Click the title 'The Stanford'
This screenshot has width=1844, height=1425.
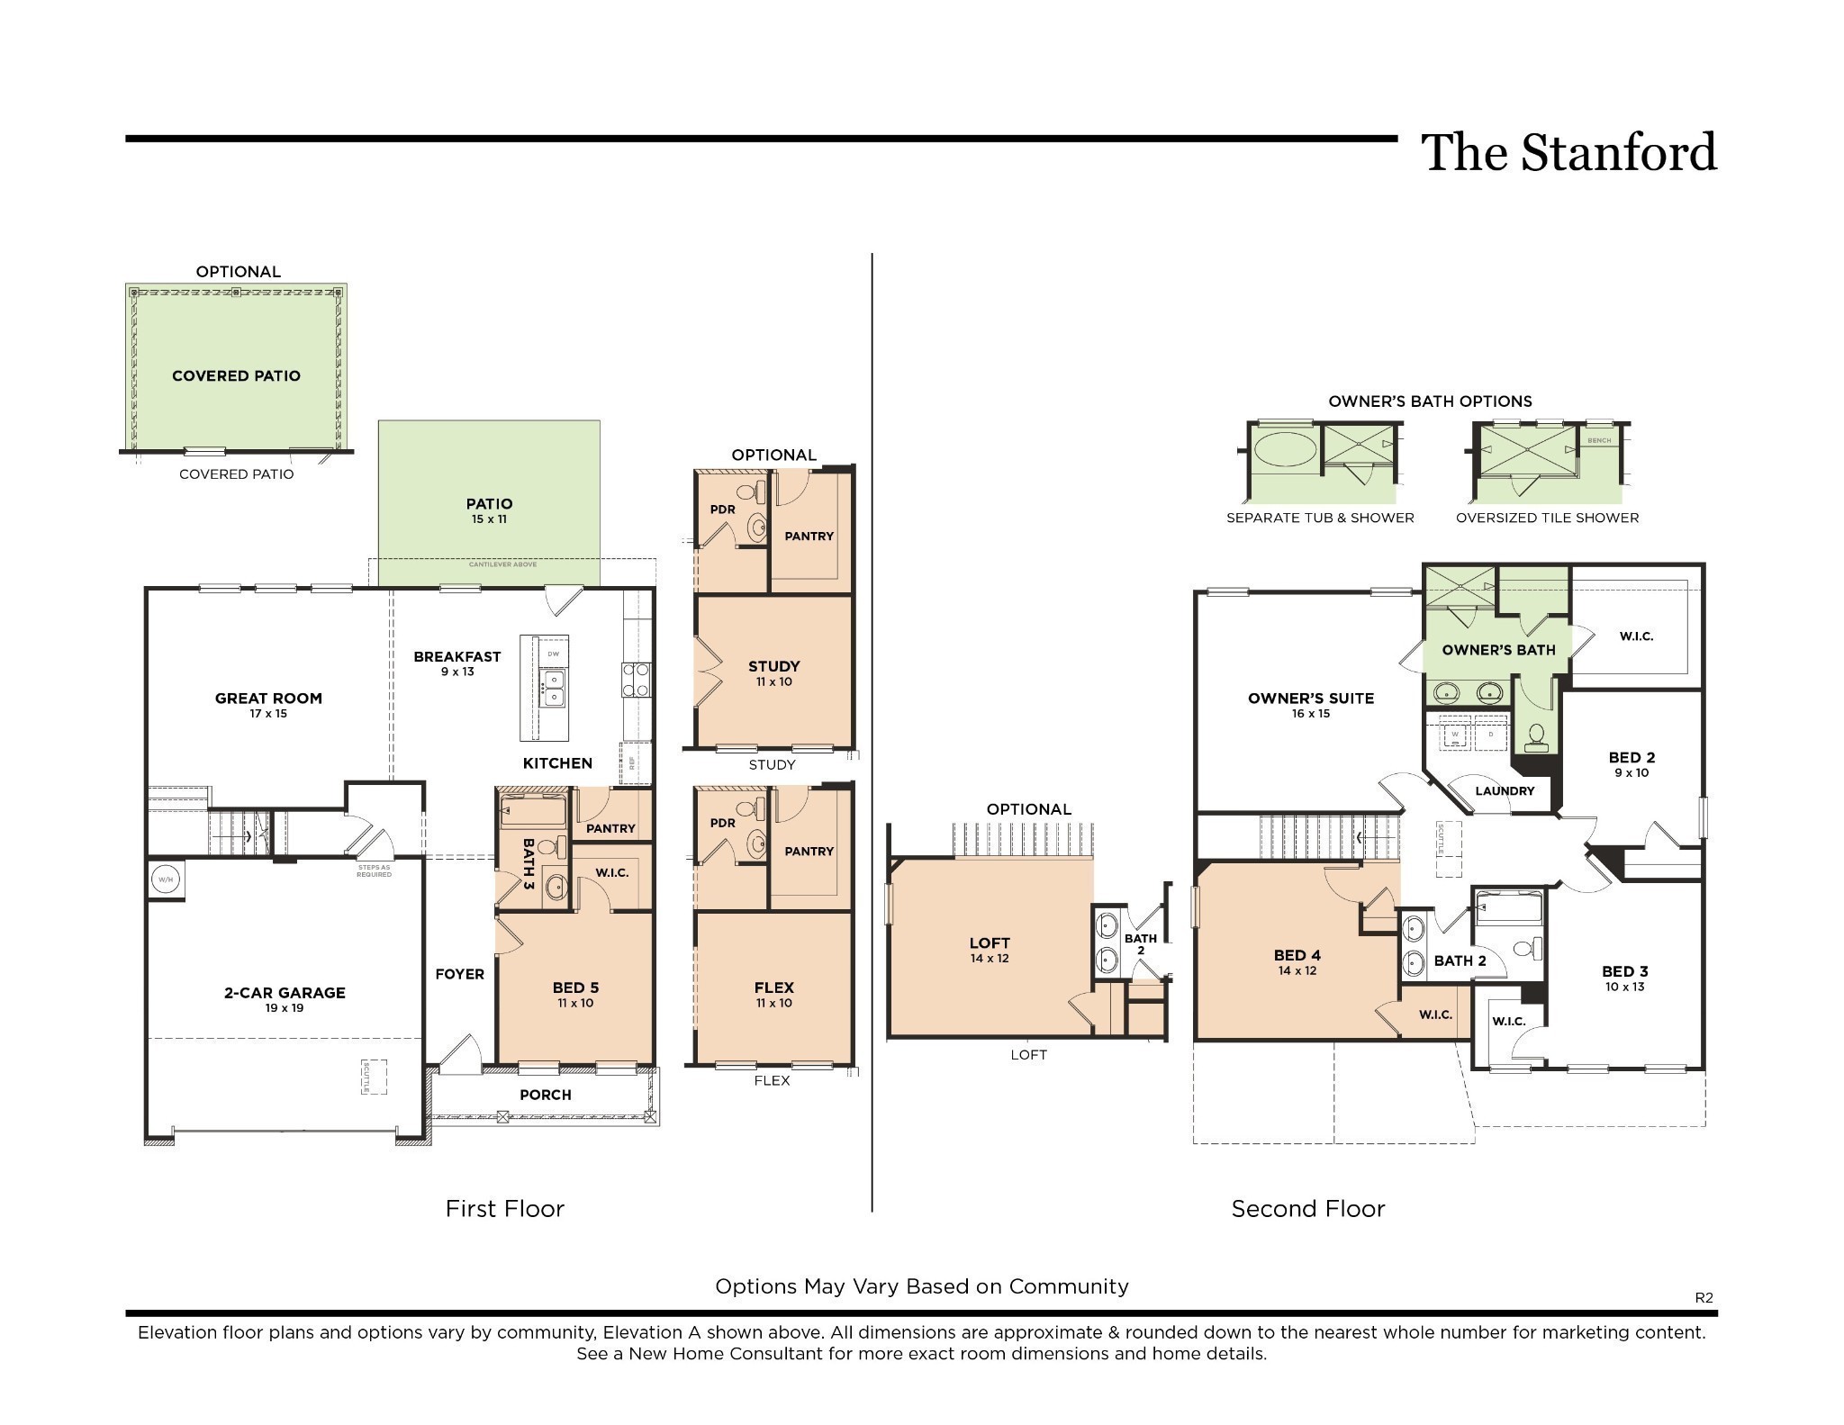tap(1568, 152)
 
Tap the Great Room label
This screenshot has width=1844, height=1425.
tap(268, 699)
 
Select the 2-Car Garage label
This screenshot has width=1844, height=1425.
tap(285, 993)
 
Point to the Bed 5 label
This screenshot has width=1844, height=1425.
tap(575, 988)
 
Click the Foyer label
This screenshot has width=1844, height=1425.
tap(459, 974)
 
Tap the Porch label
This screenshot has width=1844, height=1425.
tap(546, 1095)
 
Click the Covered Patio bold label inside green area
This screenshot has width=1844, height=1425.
tap(236, 376)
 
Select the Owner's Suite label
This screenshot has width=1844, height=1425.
tap(1311, 699)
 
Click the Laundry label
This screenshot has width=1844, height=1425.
tap(1505, 791)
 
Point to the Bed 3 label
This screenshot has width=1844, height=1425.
tap(1624, 971)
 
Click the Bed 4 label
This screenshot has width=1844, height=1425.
tap(1297, 956)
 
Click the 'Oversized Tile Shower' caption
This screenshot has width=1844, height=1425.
tap(1547, 518)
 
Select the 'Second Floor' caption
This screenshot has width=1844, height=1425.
tap(1307, 1209)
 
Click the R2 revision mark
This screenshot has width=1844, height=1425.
tap(1704, 1297)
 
